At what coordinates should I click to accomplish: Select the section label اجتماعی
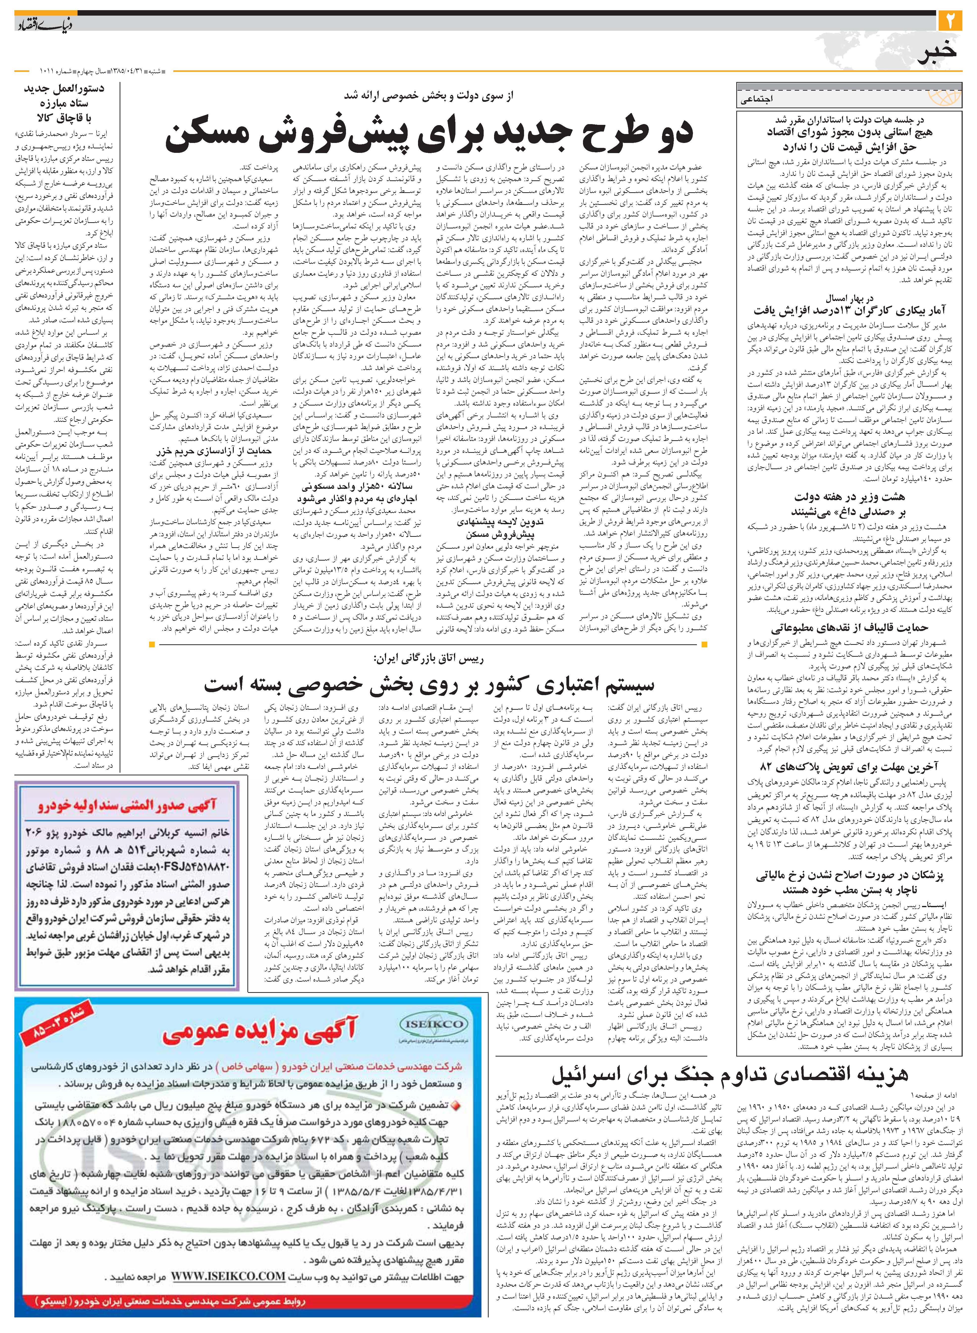point(757,99)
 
